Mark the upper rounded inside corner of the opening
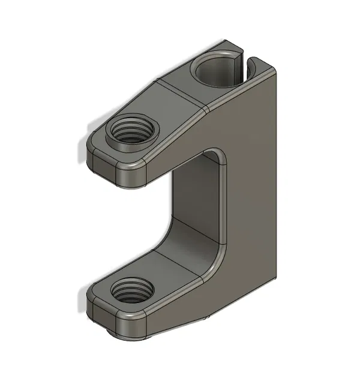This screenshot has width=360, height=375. coord(219,156)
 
